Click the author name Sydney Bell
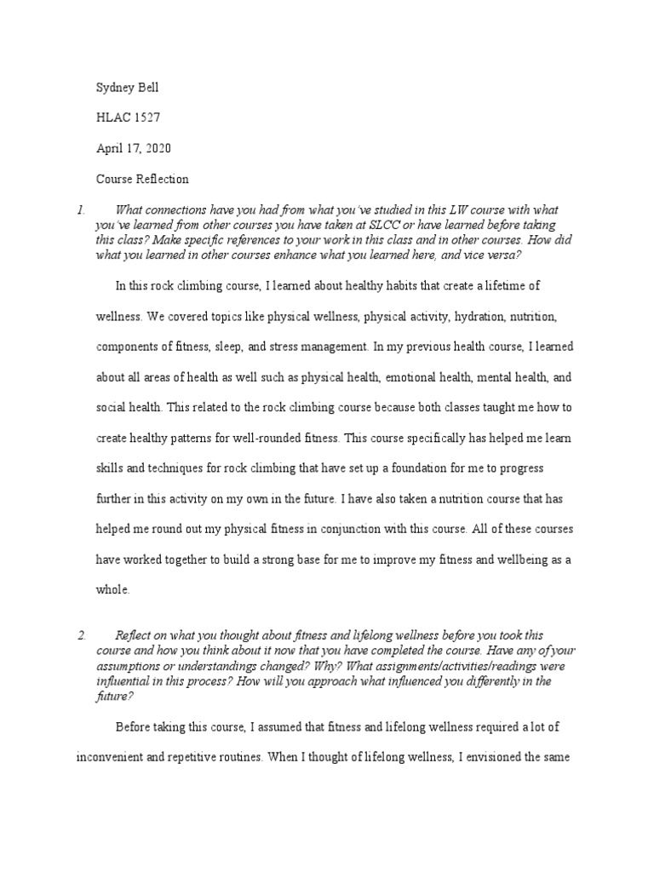click(128, 87)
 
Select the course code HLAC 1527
click(128, 118)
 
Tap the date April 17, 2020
click(134, 148)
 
